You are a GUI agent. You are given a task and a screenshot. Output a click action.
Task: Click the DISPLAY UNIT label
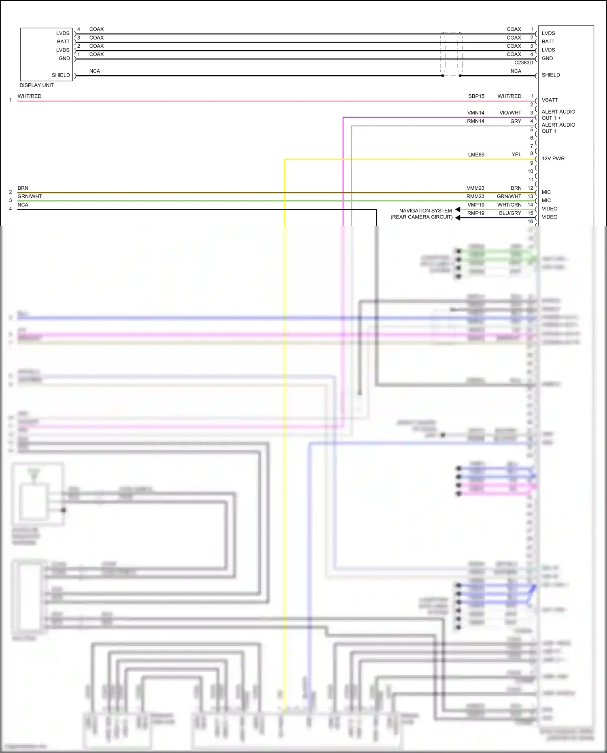coord(36,85)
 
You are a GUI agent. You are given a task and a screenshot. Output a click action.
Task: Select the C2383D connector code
coord(523,63)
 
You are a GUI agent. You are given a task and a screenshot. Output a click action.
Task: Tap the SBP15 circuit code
coord(476,96)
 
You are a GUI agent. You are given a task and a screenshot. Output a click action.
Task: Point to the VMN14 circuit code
coord(475,113)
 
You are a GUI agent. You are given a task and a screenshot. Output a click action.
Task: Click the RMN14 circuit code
coord(475,121)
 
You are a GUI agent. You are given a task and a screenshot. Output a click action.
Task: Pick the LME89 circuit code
coord(476,155)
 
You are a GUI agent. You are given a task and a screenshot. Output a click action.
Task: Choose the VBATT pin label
coord(550,100)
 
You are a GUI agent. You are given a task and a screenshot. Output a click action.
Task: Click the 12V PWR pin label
coord(553,159)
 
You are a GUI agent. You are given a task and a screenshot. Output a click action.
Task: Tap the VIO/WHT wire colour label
coord(510,113)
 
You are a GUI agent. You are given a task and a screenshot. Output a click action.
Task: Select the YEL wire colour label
coord(516,155)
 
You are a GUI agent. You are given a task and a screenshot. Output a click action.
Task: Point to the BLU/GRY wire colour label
coord(510,213)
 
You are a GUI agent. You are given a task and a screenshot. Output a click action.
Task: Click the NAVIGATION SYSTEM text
coord(425,211)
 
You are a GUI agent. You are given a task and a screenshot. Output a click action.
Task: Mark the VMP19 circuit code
coord(475,205)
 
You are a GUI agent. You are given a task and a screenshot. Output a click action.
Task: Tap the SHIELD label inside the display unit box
coord(61,75)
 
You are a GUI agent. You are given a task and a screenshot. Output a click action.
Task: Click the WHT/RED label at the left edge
coord(29,96)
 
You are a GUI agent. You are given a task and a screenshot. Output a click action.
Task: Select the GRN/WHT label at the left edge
coord(30,197)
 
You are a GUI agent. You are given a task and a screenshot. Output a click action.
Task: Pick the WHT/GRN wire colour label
coord(509,205)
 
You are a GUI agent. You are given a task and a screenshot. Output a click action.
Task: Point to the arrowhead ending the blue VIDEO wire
coord(458,218)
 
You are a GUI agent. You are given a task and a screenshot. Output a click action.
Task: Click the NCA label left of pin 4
coord(23,205)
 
